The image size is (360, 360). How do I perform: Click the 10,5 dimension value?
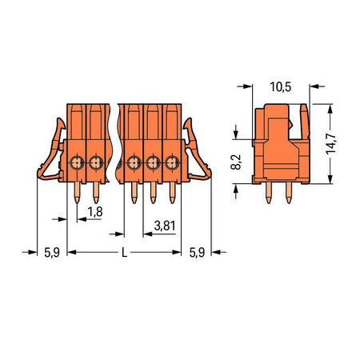[x=281, y=87]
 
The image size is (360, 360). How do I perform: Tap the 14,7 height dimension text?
[x=331, y=144]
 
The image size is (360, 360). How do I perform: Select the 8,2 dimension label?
[x=236, y=162]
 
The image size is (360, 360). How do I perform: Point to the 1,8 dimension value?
[x=95, y=212]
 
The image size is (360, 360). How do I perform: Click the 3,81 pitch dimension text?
[x=165, y=226]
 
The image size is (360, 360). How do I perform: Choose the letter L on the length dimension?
[x=124, y=252]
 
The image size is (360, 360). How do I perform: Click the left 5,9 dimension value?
[x=52, y=252]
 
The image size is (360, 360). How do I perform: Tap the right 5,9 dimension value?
[x=197, y=252]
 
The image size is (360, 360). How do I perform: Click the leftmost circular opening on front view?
[x=77, y=162]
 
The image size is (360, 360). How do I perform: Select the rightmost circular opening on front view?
[x=172, y=162]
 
